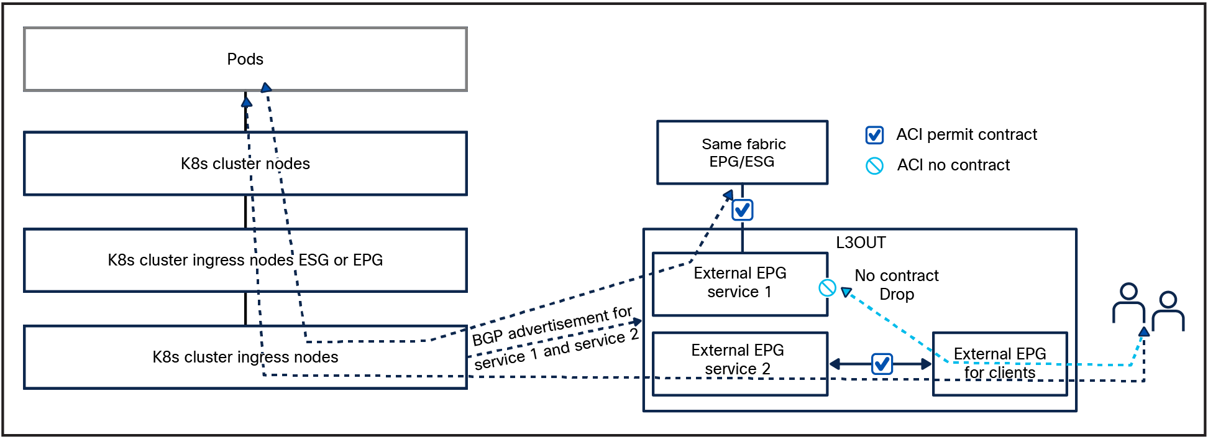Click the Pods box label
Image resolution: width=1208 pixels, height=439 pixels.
245,59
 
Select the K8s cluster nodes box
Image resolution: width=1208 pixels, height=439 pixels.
245,164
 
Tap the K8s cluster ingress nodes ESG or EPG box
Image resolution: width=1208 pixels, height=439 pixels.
245,260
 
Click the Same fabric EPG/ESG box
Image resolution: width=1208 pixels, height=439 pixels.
743,152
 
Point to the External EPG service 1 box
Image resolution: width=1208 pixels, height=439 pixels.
739,283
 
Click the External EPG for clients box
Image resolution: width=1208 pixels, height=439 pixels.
1000,364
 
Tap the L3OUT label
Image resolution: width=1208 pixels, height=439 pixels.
861,243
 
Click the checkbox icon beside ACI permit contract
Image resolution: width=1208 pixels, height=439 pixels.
874,135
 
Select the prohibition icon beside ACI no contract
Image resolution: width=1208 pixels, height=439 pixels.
874,165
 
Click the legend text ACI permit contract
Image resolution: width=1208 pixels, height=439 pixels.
966,134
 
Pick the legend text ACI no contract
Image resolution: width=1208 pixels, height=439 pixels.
953,165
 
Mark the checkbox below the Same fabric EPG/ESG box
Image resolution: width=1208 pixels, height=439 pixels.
743,210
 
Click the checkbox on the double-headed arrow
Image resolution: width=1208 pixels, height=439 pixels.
882,364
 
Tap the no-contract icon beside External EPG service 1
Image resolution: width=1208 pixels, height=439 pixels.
827,288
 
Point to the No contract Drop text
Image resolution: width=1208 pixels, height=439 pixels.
897,285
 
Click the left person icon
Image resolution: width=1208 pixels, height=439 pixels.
1128,303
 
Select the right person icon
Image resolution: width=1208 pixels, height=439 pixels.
1168,311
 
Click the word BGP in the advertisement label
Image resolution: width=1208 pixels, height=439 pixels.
487,338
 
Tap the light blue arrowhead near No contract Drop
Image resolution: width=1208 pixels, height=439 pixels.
846,292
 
